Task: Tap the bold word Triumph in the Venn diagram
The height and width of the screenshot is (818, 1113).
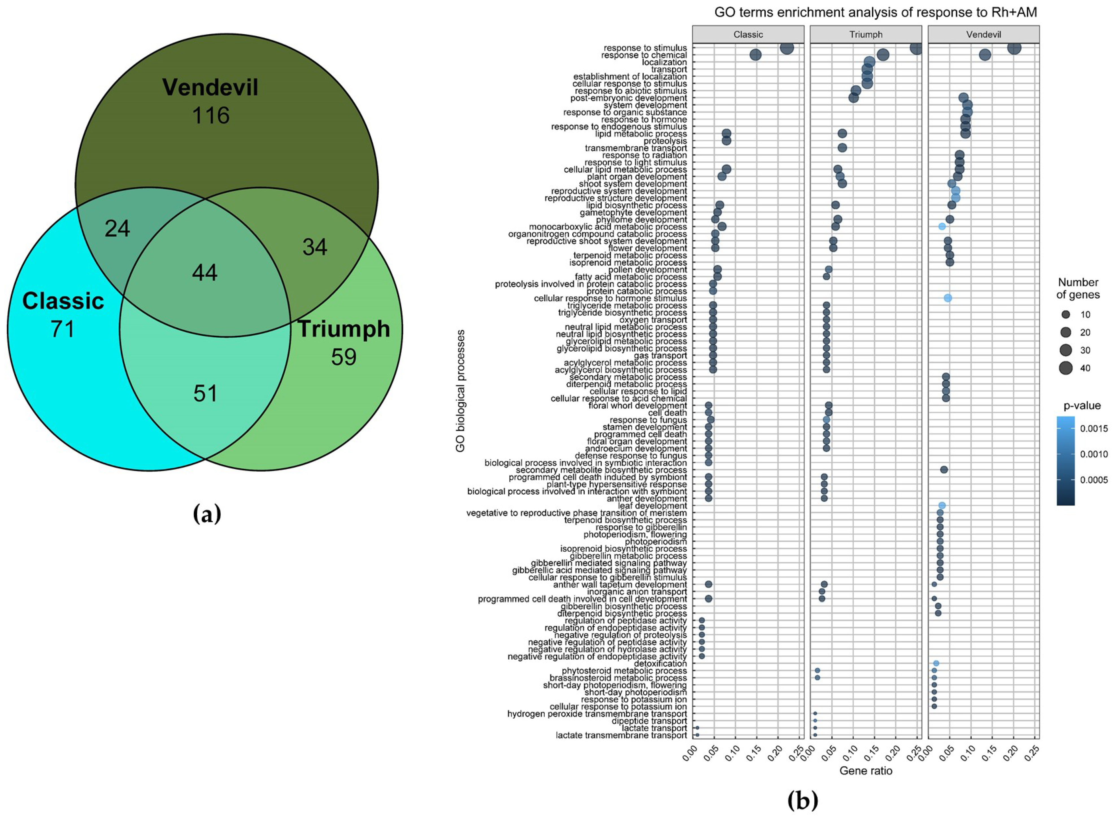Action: pos(344,329)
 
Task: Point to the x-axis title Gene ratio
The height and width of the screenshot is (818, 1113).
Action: pos(866,771)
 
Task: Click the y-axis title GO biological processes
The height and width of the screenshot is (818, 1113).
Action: pos(460,391)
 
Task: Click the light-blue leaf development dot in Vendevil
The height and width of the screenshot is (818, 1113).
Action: pos(942,506)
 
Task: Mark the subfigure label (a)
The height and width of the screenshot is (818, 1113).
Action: pos(207,514)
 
